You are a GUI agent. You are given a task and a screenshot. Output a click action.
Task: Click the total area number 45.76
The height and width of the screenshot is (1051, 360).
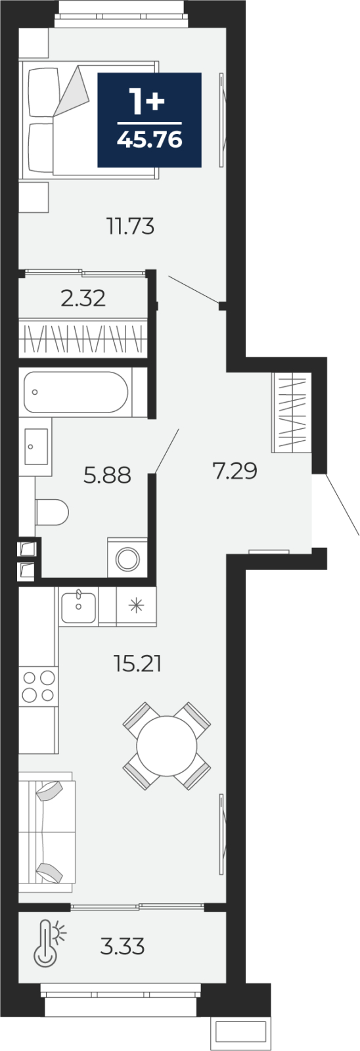click(149, 139)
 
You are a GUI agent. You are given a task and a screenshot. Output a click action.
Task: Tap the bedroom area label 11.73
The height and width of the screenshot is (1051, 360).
click(131, 227)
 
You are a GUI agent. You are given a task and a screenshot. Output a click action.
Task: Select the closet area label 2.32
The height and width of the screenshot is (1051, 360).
click(83, 298)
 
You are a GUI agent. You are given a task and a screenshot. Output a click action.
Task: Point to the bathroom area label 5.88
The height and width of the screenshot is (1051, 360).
click(107, 476)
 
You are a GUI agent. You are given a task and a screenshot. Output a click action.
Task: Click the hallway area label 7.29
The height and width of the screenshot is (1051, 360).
click(235, 470)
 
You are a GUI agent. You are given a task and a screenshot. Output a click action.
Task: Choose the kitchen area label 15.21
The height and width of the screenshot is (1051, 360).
click(137, 664)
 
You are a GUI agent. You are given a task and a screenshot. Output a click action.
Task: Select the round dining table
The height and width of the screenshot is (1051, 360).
click(167, 746)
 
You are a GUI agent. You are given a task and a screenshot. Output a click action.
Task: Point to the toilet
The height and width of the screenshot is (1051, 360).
click(52, 512)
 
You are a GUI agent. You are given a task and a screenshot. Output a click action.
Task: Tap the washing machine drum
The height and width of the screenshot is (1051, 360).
click(127, 559)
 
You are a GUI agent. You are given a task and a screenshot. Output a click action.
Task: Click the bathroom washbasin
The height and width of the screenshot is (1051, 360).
click(35, 446)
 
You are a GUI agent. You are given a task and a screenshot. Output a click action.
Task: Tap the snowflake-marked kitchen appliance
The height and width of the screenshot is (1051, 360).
click(136, 606)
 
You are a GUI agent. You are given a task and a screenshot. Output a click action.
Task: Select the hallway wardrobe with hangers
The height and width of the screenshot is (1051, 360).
click(292, 413)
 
